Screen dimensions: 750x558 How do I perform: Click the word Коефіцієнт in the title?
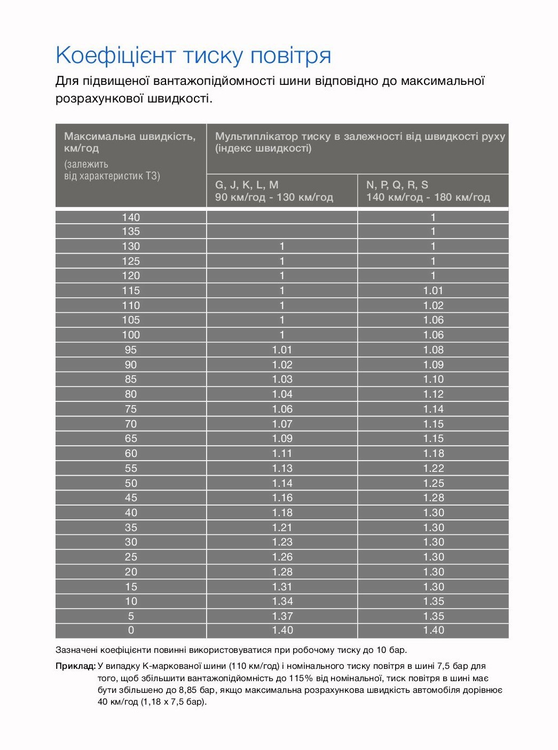point(115,56)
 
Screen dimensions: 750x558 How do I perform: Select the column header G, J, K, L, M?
point(247,185)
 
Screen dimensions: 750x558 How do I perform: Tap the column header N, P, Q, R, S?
point(397,185)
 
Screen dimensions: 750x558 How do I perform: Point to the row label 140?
point(131,217)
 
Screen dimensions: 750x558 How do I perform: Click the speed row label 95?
point(131,350)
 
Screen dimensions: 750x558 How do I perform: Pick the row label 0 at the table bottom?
point(131,630)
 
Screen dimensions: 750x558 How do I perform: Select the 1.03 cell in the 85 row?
point(282,380)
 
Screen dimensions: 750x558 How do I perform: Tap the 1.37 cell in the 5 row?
point(282,616)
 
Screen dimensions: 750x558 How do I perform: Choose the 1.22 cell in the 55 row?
point(433,468)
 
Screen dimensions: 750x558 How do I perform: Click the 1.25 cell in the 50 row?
point(433,483)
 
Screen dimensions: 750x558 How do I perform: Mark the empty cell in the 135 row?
point(282,232)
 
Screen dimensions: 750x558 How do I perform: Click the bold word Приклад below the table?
point(75,666)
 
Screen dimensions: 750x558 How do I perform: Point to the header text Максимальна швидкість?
point(130,137)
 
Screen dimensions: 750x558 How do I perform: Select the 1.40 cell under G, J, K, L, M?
point(282,630)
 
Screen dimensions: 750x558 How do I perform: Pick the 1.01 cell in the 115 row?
point(433,291)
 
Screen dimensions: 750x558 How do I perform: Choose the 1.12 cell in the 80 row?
point(433,394)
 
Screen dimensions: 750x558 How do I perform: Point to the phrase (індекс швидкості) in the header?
point(263,148)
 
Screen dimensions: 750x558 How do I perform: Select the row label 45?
point(131,498)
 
